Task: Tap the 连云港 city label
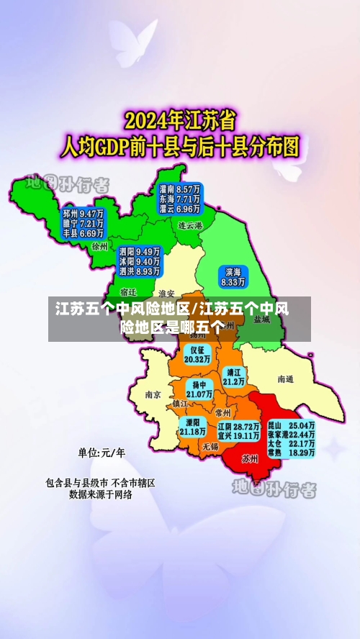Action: (191, 225)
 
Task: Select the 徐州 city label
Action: (99, 245)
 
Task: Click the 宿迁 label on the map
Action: (129, 292)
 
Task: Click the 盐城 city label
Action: (262, 319)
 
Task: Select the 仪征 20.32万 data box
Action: (197, 353)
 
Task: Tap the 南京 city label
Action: (153, 394)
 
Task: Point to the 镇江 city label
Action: (180, 404)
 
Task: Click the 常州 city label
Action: (222, 413)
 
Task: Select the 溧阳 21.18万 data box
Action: (192, 427)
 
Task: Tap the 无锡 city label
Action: (210, 446)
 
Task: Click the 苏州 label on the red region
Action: (250, 458)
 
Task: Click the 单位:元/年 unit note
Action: (102, 453)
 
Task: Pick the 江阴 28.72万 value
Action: (238, 427)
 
